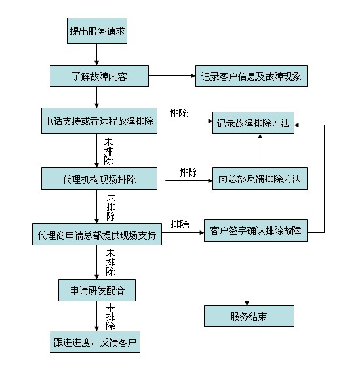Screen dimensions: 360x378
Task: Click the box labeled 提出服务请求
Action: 97,31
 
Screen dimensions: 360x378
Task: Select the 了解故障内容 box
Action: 99,75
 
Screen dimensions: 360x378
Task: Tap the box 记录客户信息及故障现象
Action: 251,75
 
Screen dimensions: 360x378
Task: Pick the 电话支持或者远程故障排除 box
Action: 99,121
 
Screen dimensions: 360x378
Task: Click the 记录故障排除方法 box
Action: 253,123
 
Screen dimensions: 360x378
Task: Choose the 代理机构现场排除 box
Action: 99,178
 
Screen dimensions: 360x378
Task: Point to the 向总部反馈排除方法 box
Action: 260,178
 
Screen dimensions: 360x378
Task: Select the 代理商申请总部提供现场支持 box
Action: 97,234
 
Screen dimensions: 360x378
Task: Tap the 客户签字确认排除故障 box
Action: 256,230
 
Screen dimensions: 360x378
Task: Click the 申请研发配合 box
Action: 97,290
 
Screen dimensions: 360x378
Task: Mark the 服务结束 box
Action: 249,316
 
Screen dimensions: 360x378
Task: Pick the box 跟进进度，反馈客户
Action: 95,342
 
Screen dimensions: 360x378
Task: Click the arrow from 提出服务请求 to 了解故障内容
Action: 96,54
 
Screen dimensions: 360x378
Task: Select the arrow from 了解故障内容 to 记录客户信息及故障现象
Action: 172,75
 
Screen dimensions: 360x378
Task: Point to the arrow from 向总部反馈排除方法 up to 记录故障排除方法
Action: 260,151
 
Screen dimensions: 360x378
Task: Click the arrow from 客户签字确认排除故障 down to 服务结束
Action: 247,274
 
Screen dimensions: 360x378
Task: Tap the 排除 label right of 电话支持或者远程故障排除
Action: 178,114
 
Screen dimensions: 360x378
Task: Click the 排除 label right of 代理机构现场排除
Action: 188,173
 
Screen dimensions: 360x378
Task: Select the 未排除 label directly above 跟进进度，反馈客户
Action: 110,317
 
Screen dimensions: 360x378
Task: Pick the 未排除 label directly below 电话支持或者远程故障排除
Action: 108,152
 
